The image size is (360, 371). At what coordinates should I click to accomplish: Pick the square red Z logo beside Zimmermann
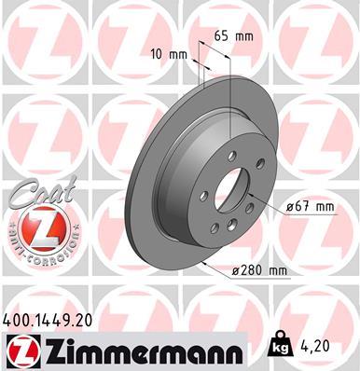point(23,351)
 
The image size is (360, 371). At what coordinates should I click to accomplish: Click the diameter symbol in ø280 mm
point(235,270)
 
